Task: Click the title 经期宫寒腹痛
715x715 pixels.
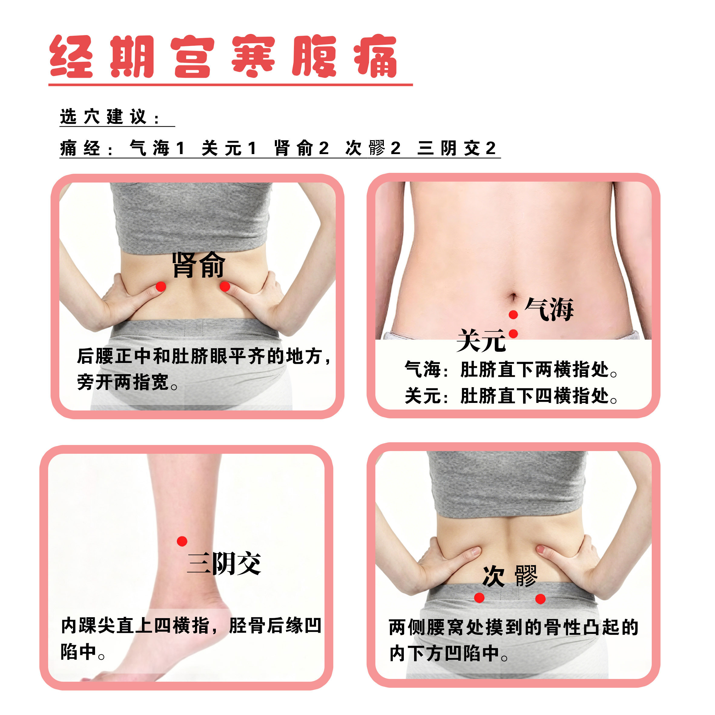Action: pyautogui.click(x=223, y=56)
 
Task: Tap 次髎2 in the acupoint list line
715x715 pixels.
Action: pyautogui.click(x=373, y=148)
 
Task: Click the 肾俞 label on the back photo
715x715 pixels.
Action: pyautogui.click(x=198, y=265)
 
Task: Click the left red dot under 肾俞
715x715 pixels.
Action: pyautogui.click(x=161, y=286)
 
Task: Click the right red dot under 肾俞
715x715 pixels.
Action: pyautogui.click(x=225, y=286)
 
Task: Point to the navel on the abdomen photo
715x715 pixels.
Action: pyautogui.click(x=513, y=297)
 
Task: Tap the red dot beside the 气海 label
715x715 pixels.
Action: pyautogui.click(x=513, y=315)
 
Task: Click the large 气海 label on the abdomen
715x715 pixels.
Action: pyautogui.click(x=549, y=309)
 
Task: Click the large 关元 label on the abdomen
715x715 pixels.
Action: pyautogui.click(x=481, y=340)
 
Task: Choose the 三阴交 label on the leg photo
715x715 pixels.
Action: pyautogui.click(x=224, y=563)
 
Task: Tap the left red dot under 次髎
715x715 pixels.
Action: pyautogui.click(x=479, y=598)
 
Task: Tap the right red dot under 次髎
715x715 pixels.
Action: pyautogui.click(x=540, y=599)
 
